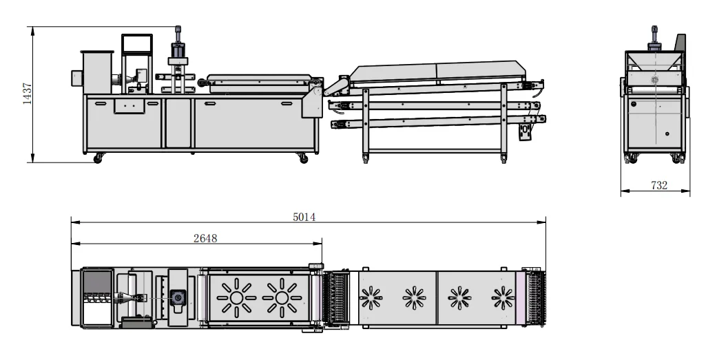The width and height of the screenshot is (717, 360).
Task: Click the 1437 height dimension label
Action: coord(28,94)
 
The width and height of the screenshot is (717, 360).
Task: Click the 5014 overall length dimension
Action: coord(304,217)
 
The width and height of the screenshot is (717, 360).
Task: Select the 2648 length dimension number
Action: coord(205,238)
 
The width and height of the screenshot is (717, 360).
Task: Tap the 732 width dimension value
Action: coord(659,185)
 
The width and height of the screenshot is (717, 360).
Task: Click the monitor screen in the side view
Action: coord(137,44)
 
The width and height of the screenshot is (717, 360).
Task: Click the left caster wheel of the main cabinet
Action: coord(98,158)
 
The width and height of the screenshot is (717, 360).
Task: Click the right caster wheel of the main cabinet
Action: coord(303,158)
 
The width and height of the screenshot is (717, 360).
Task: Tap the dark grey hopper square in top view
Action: coord(97,282)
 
